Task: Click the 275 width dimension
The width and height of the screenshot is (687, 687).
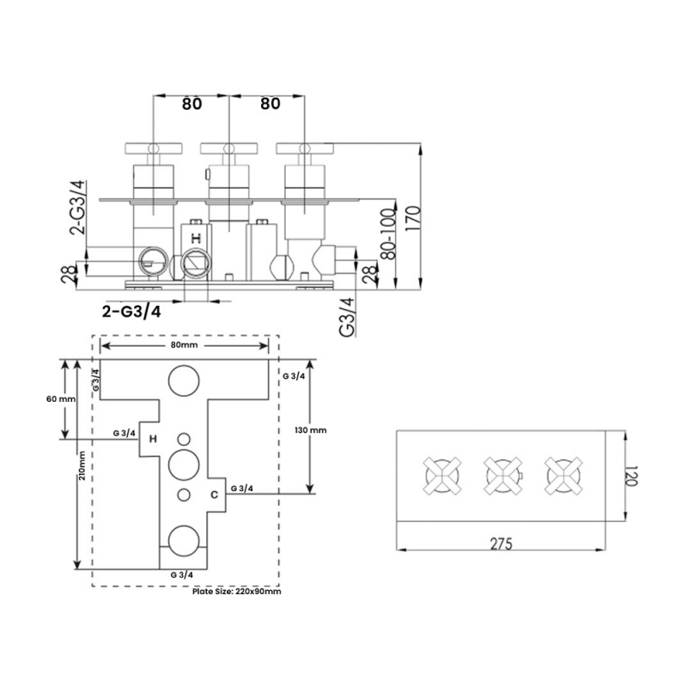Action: pos(502,544)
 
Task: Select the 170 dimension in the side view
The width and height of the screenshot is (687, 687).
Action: pos(414,219)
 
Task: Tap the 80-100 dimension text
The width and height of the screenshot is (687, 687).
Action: pos(389,234)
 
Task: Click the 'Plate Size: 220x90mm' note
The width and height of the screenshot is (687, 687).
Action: pos(237,592)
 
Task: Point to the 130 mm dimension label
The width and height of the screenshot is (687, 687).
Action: pos(311,430)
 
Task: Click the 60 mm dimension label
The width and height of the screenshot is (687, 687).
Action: pos(61,399)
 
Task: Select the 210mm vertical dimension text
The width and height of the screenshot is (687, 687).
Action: pos(82,465)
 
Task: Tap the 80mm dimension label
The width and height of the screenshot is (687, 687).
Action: pos(184,345)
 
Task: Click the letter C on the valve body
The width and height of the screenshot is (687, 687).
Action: pos(214,495)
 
